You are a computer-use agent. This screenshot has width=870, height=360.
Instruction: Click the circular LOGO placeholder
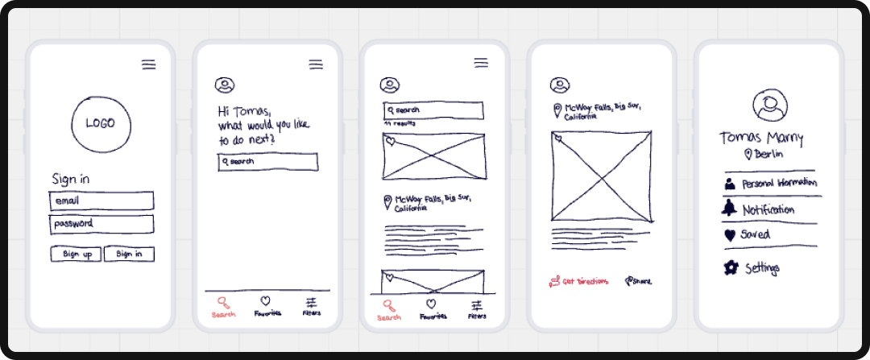pos(101,124)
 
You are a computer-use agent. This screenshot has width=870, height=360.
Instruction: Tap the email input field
pos(101,201)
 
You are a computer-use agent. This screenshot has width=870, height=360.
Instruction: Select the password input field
pos(101,224)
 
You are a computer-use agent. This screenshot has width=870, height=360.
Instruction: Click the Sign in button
pos(129,254)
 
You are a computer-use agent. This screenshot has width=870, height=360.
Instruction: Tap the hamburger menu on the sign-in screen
pos(148,65)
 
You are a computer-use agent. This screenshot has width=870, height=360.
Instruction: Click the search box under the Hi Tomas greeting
pos(267,162)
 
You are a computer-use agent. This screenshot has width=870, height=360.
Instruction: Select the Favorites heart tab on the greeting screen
pos(267,307)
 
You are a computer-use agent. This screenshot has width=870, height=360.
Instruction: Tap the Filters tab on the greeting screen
pos(311,307)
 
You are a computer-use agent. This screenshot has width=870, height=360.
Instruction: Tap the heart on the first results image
pos(390,142)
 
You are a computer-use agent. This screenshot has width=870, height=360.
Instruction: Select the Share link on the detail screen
pos(638,281)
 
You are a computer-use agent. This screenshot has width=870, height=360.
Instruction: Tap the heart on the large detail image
pos(557,139)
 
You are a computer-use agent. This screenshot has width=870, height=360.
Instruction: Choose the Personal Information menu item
pos(771,184)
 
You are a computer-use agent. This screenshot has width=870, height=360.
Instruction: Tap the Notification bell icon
pos(730,209)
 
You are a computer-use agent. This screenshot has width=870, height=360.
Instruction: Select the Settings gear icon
pos(731,267)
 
